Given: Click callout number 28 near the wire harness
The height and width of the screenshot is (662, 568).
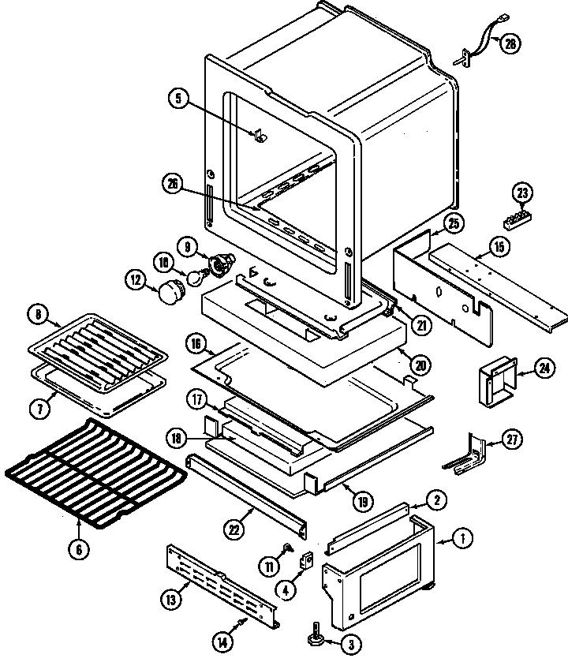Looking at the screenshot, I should [510, 44].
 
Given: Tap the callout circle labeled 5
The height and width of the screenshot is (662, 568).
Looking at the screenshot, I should [178, 99].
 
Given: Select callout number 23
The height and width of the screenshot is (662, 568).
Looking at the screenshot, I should [522, 192].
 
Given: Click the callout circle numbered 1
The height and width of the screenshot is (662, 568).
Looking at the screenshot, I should [463, 539].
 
